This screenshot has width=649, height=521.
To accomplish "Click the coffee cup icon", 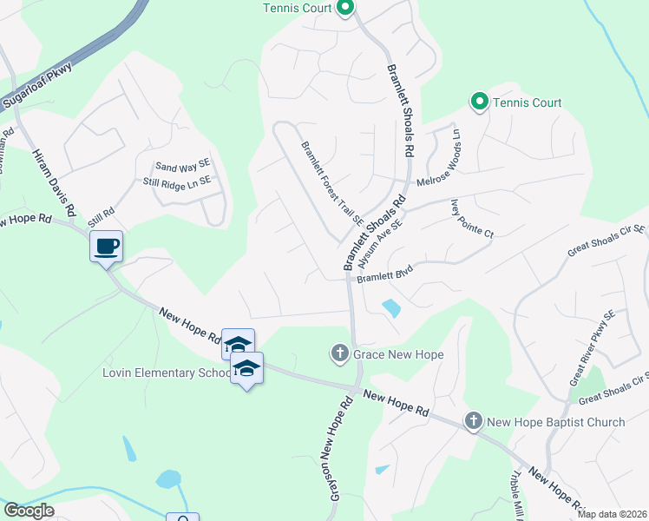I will [x=107, y=247].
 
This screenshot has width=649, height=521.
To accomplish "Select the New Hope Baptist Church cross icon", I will [x=474, y=422].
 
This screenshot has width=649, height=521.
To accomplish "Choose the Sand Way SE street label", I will [x=182, y=167].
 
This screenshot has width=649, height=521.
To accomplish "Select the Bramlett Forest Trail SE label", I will [x=331, y=183].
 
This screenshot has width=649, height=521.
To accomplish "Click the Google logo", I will [x=29, y=511].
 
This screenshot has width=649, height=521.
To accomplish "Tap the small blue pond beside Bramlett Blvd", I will [x=390, y=307].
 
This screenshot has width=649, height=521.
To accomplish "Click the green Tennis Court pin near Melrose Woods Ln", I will [x=479, y=102].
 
